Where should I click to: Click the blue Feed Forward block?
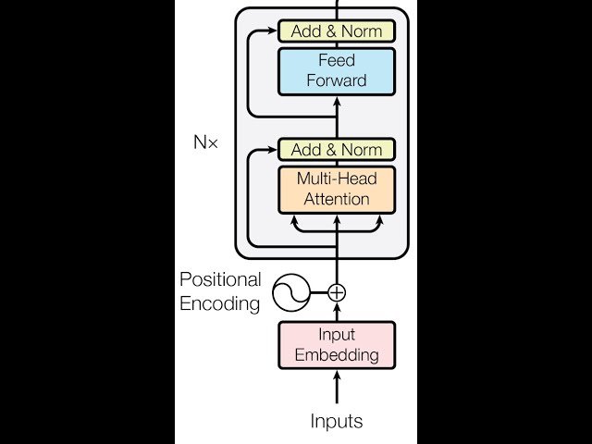coord(337,70)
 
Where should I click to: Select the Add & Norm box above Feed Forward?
coord(337,31)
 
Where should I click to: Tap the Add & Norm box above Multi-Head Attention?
coord(337,150)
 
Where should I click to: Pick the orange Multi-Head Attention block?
coord(337,189)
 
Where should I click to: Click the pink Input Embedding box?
coord(337,344)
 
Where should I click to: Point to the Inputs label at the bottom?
coord(337,422)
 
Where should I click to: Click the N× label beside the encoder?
coord(205,144)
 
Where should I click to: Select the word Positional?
coord(220,279)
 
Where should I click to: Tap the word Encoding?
coord(220,303)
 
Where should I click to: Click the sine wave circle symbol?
coord(287,292)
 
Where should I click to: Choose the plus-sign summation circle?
coord(337,292)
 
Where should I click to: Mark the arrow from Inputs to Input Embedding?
coord(337,388)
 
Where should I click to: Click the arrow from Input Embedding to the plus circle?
coord(337,313)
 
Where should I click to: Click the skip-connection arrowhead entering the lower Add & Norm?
coord(275,150)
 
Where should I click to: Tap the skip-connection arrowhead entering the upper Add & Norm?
coord(275,31)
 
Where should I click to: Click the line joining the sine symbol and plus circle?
coord(317,292)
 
